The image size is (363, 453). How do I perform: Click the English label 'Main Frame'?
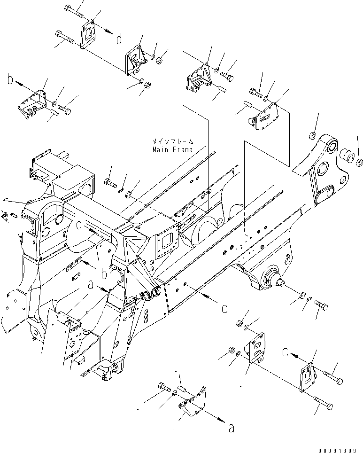tap(172, 149)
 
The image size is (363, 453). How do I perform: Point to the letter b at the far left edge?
tap(10, 81)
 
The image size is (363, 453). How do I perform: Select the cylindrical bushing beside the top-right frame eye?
tap(348, 155)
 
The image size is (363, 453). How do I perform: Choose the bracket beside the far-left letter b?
tap(33, 104)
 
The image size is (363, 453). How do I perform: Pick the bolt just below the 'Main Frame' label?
tap(111, 180)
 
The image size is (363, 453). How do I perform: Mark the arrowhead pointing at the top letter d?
tap(110, 31)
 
